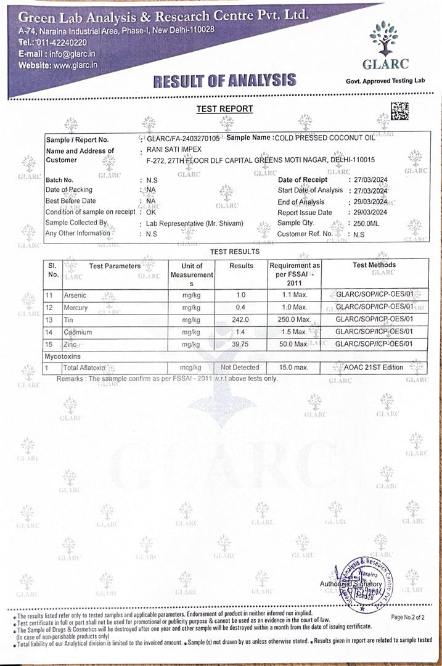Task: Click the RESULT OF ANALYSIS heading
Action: (224, 80)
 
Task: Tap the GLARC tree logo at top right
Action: (383, 38)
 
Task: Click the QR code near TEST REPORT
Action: (399, 110)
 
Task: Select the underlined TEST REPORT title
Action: (224, 109)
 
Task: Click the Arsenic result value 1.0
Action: (241, 295)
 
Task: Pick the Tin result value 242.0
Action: (241, 319)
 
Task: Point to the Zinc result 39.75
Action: (241, 343)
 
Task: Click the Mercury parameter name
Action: (76, 308)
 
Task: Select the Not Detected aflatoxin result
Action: (241, 368)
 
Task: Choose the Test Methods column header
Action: (374, 265)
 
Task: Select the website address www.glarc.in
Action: (75, 65)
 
